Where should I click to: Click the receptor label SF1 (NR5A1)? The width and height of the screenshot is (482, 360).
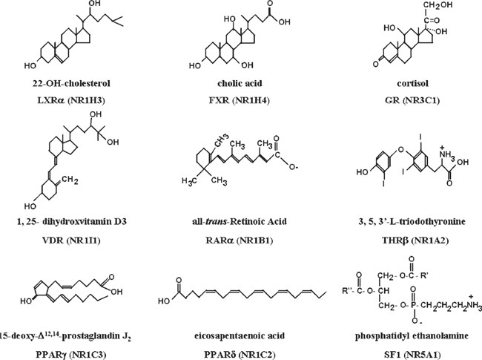click(x=412, y=347)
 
